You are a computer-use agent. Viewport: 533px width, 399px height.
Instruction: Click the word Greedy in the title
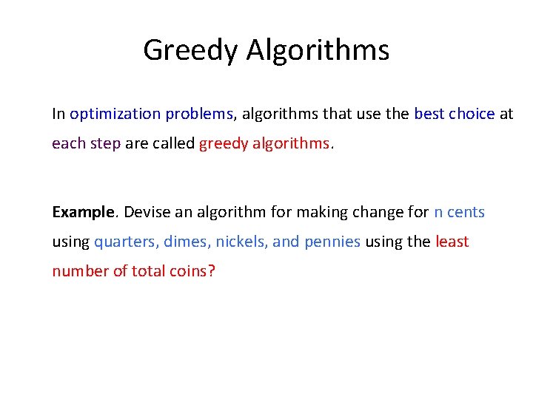click(191, 50)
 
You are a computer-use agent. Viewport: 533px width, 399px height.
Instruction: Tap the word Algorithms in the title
click(318, 50)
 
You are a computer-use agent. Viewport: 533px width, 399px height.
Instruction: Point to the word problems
click(199, 114)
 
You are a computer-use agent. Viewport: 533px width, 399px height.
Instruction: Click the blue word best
click(429, 114)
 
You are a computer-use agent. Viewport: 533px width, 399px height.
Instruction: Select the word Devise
click(144, 212)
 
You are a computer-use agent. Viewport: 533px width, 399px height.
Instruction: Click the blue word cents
click(466, 212)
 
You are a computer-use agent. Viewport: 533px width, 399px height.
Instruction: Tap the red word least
click(452, 242)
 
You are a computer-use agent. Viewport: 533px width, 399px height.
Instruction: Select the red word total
click(150, 271)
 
